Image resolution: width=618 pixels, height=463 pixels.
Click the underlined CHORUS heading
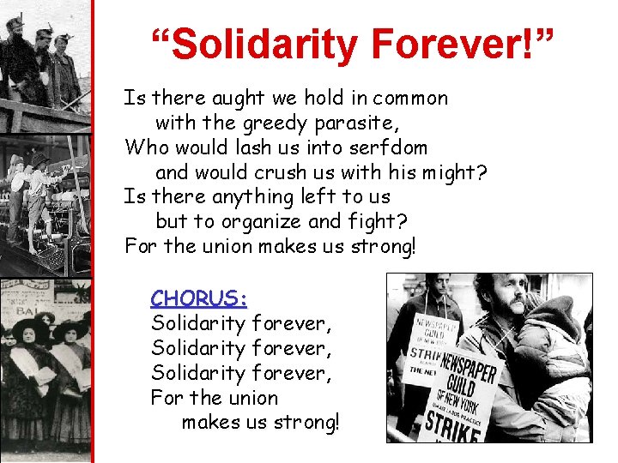point(199,298)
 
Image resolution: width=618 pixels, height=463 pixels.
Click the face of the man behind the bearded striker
point(439,291)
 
